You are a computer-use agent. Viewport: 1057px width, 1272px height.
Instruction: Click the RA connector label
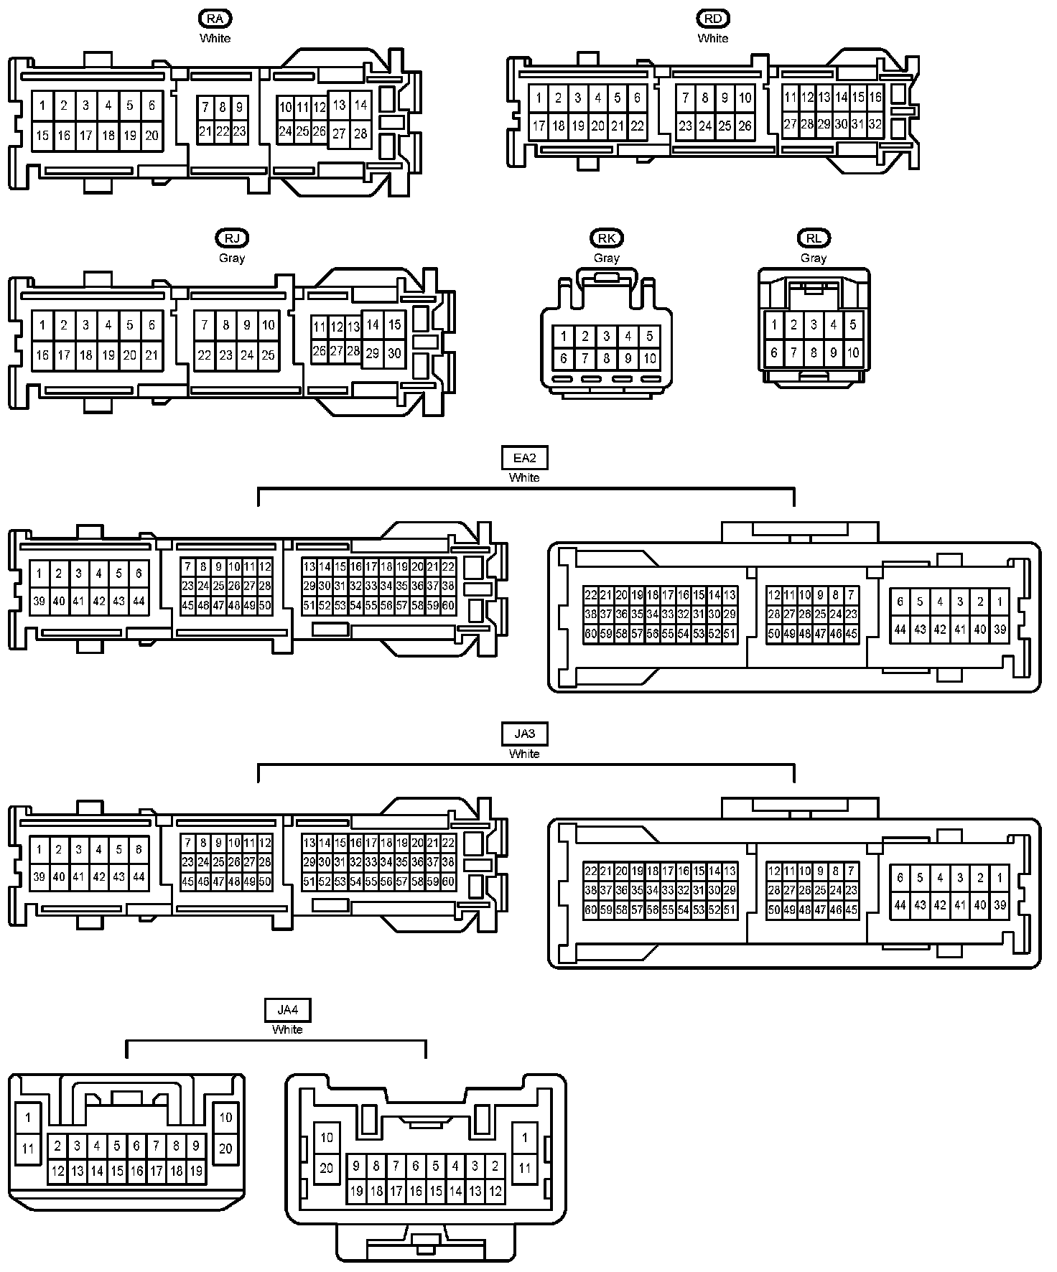click(215, 19)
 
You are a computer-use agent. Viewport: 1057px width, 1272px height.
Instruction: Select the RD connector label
click(712, 19)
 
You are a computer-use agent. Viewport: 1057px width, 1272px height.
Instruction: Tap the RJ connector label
click(231, 238)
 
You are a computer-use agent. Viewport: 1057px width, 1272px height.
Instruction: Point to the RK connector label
click(607, 238)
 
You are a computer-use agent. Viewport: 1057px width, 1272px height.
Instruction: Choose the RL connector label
click(814, 238)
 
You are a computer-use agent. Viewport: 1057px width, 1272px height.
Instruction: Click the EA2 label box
click(524, 458)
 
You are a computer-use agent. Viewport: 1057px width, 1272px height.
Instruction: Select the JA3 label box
click(524, 734)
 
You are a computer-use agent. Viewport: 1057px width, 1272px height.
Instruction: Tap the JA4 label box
click(287, 1010)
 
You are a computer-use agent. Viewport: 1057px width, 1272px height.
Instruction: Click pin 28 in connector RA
click(360, 134)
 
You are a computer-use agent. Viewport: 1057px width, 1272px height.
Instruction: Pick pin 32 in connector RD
click(875, 123)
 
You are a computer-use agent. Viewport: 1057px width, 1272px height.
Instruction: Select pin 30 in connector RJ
click(394, 353)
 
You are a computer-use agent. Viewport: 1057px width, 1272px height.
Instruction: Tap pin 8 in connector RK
click(607, 358)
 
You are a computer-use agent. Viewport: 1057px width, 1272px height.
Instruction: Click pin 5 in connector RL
click(853, 324)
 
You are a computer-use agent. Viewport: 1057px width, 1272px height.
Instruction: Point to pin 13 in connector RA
click(339, 105)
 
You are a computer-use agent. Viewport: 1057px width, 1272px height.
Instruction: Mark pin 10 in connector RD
click(745, 98)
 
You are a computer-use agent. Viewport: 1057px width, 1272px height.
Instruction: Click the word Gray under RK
click(607, 258)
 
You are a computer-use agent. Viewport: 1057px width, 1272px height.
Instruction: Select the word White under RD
click(712, 38)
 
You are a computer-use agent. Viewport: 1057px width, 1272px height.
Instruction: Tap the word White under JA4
click(287, 1029)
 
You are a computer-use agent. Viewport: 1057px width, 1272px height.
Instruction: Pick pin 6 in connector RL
click(774, 352)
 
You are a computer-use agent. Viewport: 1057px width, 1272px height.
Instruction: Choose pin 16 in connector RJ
click(42, 355)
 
